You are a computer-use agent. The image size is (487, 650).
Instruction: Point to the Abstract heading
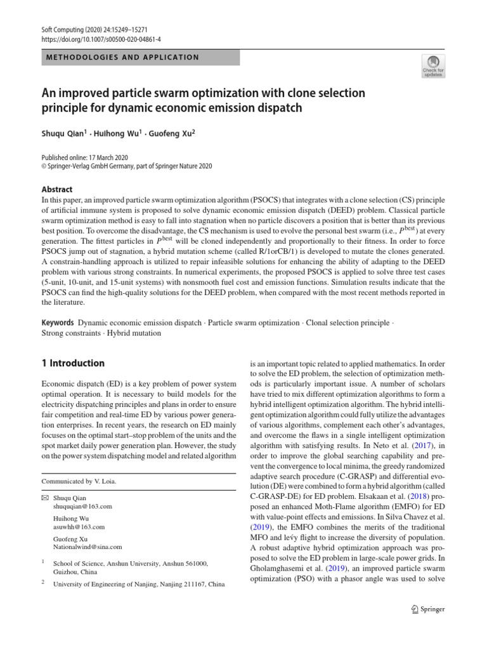(56, 189)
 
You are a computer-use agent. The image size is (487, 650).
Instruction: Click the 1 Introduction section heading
(73, 364)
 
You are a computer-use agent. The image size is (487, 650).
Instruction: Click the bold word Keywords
(58, 323)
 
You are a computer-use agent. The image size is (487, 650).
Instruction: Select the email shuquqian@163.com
(83, 506)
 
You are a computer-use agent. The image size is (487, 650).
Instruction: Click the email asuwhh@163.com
(79, 526)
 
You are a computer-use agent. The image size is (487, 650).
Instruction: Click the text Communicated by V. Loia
(79, 481)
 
